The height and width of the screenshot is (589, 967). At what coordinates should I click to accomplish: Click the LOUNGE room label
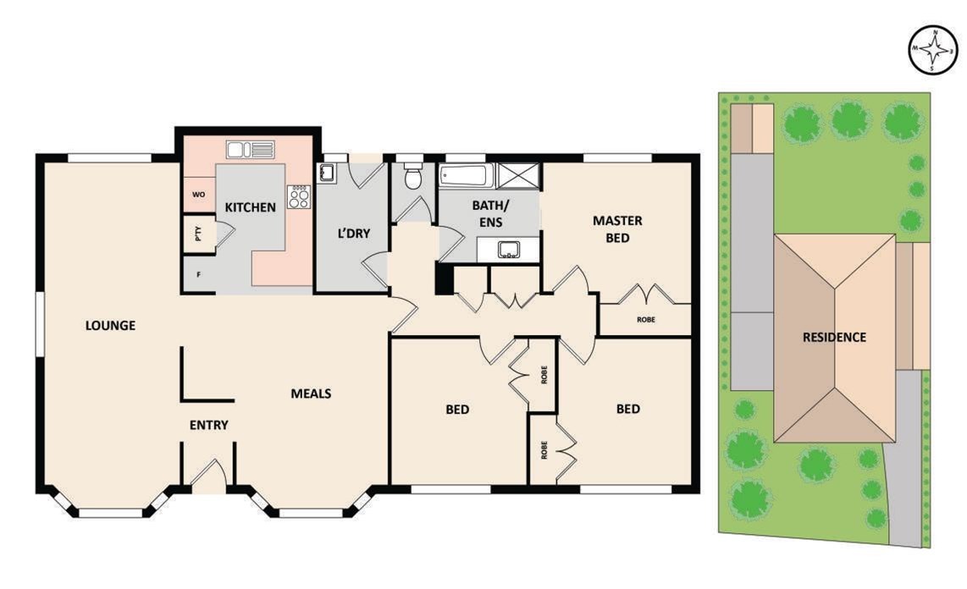coord(110,325)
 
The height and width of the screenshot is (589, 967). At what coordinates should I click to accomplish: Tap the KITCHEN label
coord(251,207)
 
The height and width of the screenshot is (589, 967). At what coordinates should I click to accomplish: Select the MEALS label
coord(311,393)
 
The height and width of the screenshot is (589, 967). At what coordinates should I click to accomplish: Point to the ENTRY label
coord(209,425)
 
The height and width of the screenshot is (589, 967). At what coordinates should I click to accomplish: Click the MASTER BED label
coord(617,229)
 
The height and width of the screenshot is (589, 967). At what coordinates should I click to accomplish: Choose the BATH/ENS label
coord(491,213)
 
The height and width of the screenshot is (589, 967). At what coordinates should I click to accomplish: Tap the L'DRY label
coord(353,234)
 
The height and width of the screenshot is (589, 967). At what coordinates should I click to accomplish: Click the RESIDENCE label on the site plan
coord(834,337)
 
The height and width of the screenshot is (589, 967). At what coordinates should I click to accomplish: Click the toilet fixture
coord(413,175)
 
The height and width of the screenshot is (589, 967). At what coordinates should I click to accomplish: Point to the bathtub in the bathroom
coord(467,175)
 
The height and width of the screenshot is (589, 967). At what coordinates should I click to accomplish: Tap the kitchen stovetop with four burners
coord(299,196)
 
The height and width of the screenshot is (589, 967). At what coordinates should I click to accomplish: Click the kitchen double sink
coord(251,150)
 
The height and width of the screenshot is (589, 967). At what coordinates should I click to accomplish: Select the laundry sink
coord(327,173)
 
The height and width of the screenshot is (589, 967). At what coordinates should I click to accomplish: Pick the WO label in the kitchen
coord(199,195)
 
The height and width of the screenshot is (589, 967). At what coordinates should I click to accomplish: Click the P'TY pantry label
coord(198,234)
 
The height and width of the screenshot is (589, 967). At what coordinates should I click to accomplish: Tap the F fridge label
coord(199,275)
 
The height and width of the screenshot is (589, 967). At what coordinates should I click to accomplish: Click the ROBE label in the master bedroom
coord(646,320)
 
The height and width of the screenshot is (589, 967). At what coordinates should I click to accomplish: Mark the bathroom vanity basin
coord(509,250)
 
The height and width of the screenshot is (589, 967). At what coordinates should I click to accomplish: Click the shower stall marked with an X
coord(518,175)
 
